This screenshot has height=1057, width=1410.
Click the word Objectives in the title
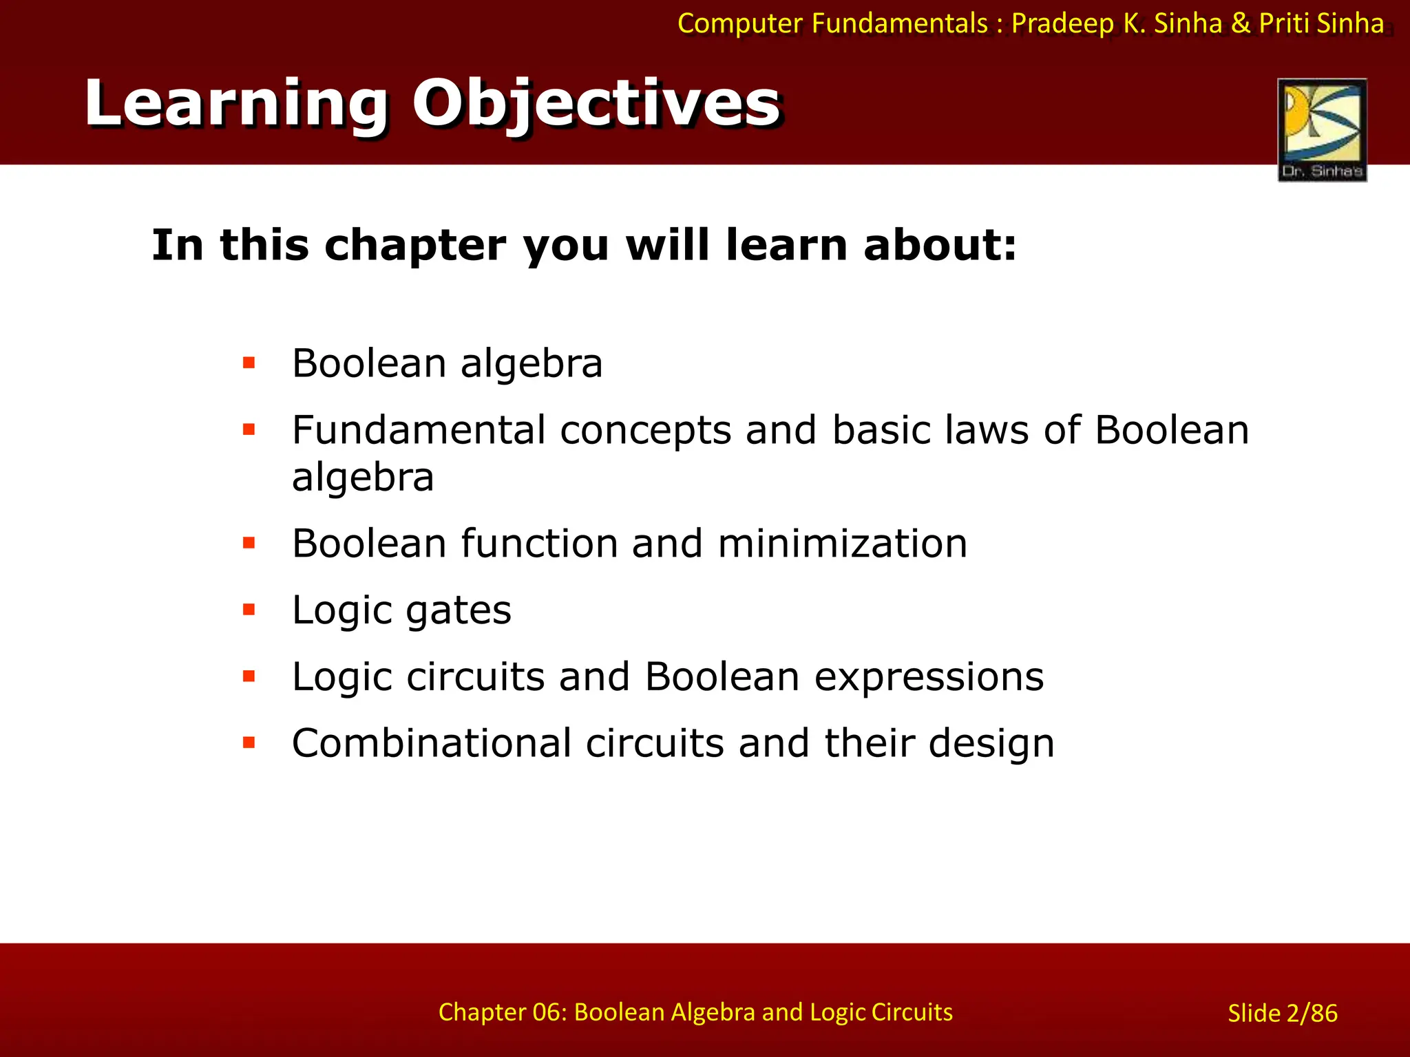[x=596, y=105]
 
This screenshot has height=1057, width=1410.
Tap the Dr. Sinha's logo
[x=1322, y=130]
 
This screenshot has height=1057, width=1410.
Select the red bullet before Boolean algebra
[x=249, y=363]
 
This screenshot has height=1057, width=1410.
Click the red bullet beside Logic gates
[x=249, y=610]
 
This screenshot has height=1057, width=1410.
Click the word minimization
[x=842, y=544]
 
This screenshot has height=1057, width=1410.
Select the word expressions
[x=929, y=676]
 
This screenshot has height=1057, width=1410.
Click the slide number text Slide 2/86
[x=1282, y=1013]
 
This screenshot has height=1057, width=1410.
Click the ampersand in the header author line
[x=1240, y=23]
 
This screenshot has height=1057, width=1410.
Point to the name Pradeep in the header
[x=1062, y=23]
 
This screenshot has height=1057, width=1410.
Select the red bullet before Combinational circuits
[x=249, y=743]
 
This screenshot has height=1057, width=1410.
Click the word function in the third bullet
[x=538, y=544]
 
